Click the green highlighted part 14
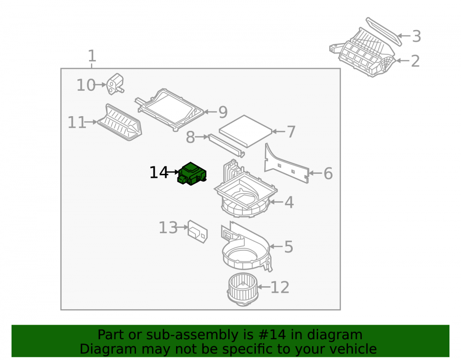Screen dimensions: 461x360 click(x=192, y=174)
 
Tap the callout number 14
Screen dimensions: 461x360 click(x=159, y=172)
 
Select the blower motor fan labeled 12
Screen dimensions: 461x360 click(x=242, y=289)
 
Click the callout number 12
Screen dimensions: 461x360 click(x=280, y=287)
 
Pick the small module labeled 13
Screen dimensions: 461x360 click(x=198, y=231)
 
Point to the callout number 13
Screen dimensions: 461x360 click(x=168, y=227)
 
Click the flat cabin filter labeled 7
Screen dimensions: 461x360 click(x=246, y=131)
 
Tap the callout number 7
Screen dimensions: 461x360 click(x=291, y=132)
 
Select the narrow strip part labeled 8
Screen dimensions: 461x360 click(x=226, y=146)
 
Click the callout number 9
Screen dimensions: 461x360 click(x=223, y=112)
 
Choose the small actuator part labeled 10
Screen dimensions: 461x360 click(x=115, y=84)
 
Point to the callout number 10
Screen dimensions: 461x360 click(x=86, y=85)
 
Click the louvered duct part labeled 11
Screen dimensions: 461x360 click(x=120, y=122)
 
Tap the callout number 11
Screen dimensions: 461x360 click(x=77, y=122)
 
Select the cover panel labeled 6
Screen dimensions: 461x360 click(x=287, y=163)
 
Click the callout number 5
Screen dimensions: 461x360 click(x=289, y=247)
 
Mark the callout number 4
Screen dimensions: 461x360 click(x=289, y=202)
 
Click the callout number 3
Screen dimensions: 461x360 click(x=416, y=36)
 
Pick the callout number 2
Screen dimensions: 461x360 click(x=415, y=61)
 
